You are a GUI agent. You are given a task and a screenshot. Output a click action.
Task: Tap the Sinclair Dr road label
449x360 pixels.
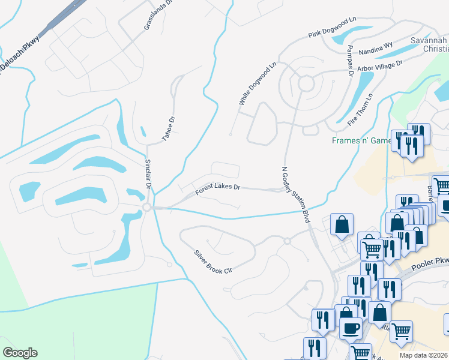pyautogui.click(x=148, y=173)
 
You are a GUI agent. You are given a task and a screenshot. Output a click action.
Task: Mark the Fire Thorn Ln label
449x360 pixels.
pyautogui.click(x=360, y=108)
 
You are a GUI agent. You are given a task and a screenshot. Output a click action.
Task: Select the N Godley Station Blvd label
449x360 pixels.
pyautogui.click(x=295, y=195)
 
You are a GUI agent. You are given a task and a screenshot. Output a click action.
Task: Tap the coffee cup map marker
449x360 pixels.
pyautogui.click(x=351, y=328)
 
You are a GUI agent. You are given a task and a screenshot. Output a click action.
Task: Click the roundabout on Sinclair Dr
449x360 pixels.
pyautogui.click(x=146, y=207)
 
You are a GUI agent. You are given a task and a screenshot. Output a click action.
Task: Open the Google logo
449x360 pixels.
pyautogui.click(x=20, y=353)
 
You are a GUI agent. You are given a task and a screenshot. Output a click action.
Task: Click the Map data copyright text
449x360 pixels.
pyautogui.click(x=423, y=355)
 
